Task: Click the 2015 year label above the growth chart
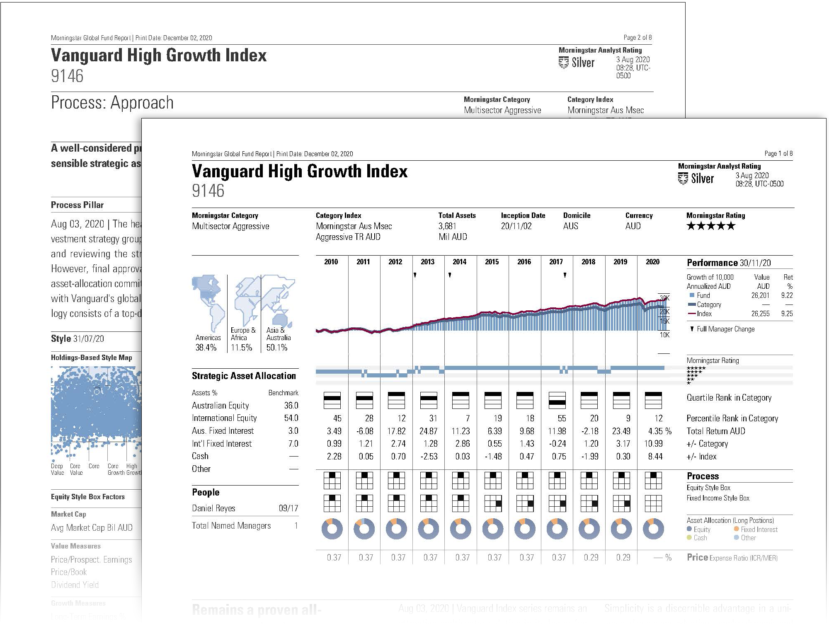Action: (x=492, y=262)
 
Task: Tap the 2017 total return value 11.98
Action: (x=557, y=431)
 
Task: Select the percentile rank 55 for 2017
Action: (x=562, y=418)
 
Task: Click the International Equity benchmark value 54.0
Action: (x=291, y=418)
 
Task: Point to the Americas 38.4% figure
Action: (x=206, y=348)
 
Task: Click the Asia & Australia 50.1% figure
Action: (x=277, y=348)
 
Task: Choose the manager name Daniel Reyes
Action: (x=213, y=508)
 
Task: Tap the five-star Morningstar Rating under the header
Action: (x=710, y=226)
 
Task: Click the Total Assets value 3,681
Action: (x=447, y=226)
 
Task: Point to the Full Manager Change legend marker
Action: (x=692, y=329)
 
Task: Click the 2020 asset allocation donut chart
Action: (x=653, y=529)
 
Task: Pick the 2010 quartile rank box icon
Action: (x=332, y=400)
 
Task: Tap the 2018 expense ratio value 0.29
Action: (x=591, y=558)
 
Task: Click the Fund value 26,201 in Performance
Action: (x=760, y=295)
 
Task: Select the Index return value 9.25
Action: (x=786, y=314)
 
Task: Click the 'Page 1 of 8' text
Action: (x=778, y=154)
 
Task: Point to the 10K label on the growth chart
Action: (x=664, y=335)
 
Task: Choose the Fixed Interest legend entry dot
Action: (x=736, y=529)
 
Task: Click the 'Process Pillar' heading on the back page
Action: (x=77, y=205)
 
